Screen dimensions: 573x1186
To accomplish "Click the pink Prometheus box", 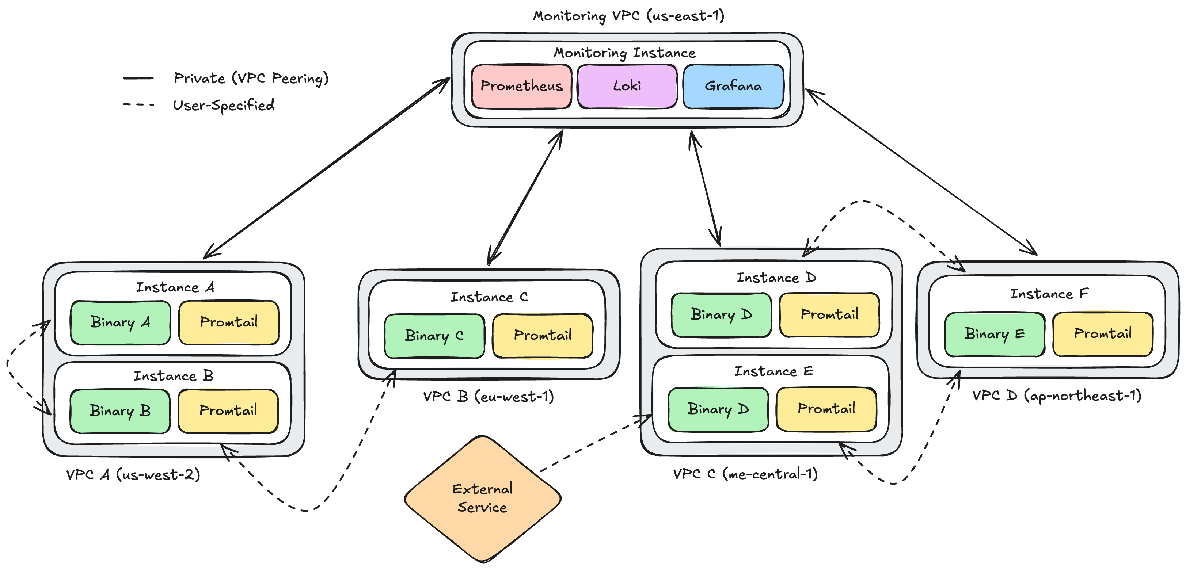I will (x=521, y=86).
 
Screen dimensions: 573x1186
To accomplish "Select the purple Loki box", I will (x=627, y=86).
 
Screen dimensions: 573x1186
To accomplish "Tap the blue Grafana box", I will (x=733, y=86).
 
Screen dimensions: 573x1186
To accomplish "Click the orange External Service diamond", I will (x=482, y=498).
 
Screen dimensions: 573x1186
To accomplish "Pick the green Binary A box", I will (x=120, y=322).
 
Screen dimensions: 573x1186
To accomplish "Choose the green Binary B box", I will (x=120, y=411).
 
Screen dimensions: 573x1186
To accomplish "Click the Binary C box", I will (x=434, y=336).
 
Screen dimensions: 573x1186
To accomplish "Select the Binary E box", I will (x=995, y=334).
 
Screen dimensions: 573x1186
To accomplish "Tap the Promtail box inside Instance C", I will (x=542, y=336).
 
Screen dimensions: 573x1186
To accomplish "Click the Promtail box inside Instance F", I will (x=1103, y=334).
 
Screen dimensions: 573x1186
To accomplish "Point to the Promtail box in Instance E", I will (x=826, y=409).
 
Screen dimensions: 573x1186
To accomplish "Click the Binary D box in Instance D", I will (x=721, y=315).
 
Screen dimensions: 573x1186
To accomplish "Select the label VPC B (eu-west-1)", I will (x=489, y=397).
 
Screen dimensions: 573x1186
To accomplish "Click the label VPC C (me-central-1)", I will (x=745, y=474).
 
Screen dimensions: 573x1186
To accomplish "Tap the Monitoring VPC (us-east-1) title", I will (x=628, y=16).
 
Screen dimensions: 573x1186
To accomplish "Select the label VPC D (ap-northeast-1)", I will (x=1057, y=396).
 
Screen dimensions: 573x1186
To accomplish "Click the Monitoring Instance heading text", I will (x=624, y=53).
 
